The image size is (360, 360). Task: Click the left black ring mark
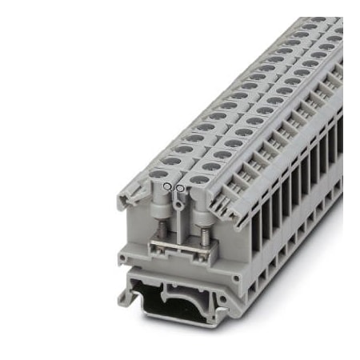(x=166, y=186)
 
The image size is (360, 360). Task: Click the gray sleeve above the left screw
(x=164, y=210)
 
